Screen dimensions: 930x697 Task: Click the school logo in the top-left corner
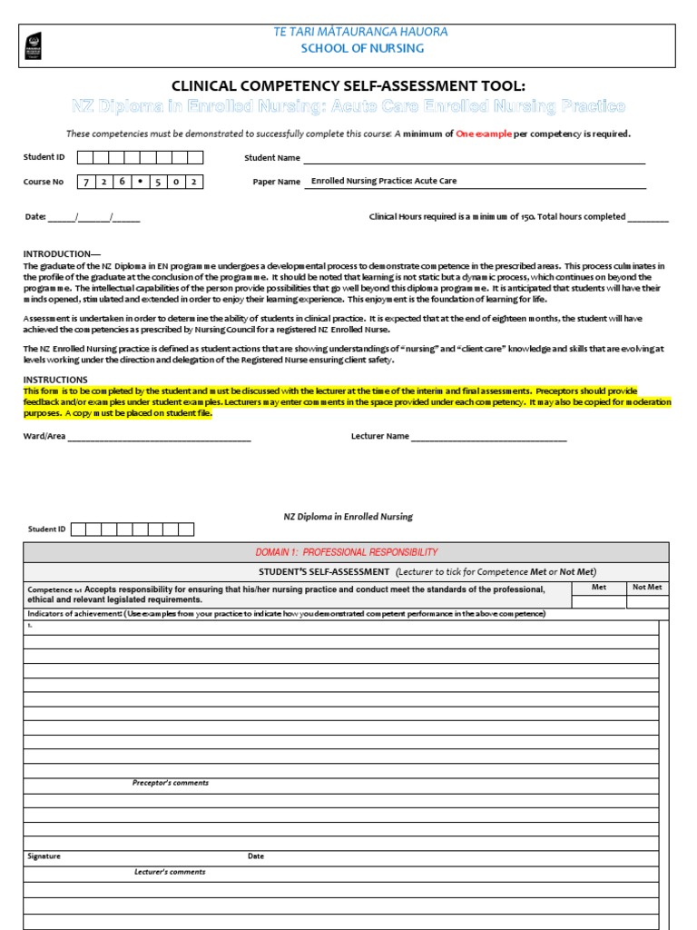pyautogui.click(x=34, y=43)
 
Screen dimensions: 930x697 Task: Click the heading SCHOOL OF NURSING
pyautogui.click(x=361, y=48)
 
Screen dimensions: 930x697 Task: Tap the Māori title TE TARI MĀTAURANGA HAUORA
pyautogui.click(x=361, y=32)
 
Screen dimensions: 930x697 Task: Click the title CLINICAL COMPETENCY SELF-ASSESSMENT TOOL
pyautogui.click(x=348, y=86)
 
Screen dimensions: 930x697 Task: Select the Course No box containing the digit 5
pyautogui.click(x=156, y=182)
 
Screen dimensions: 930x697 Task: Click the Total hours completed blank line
pyautogui.click(x=648, y=218)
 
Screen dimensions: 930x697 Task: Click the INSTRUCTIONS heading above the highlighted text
pyautogui.click(x=55, y=380)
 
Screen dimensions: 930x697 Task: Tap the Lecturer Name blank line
pyautogui.click(x=489, y=437)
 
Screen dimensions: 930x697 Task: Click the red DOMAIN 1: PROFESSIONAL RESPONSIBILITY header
pyautogui.click(x=347, y=552)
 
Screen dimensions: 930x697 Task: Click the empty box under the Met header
pyautogui.click(x=598, y=601)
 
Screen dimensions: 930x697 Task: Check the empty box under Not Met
pyautogui.click(x=647, y=601)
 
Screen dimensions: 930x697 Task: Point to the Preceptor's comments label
pyautogui.click(x=171, y=783)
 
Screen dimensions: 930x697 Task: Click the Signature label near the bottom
pyautogui.click(x=44, y=856)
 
